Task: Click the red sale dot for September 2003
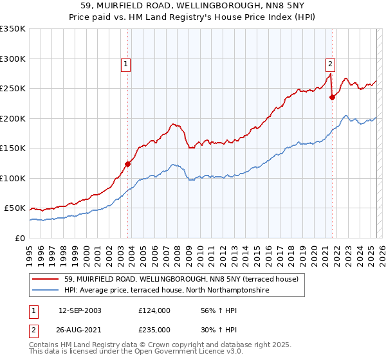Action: pos(128,164)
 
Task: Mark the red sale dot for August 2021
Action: pos(332,98)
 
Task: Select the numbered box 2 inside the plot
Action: pos(329,64)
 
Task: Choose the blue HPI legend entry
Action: pos(161,291)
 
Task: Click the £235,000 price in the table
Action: pos(154,329)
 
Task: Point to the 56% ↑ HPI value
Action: pos(213,310)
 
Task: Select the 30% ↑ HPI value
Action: pos(213,329)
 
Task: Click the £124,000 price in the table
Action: pos(154,310)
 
